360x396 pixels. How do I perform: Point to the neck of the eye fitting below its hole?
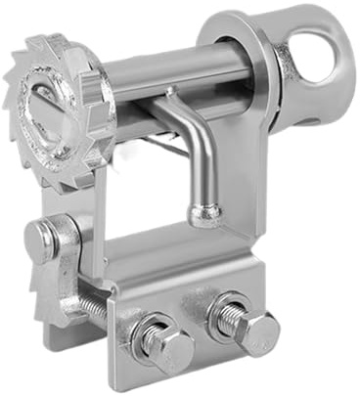coord(293,103)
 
